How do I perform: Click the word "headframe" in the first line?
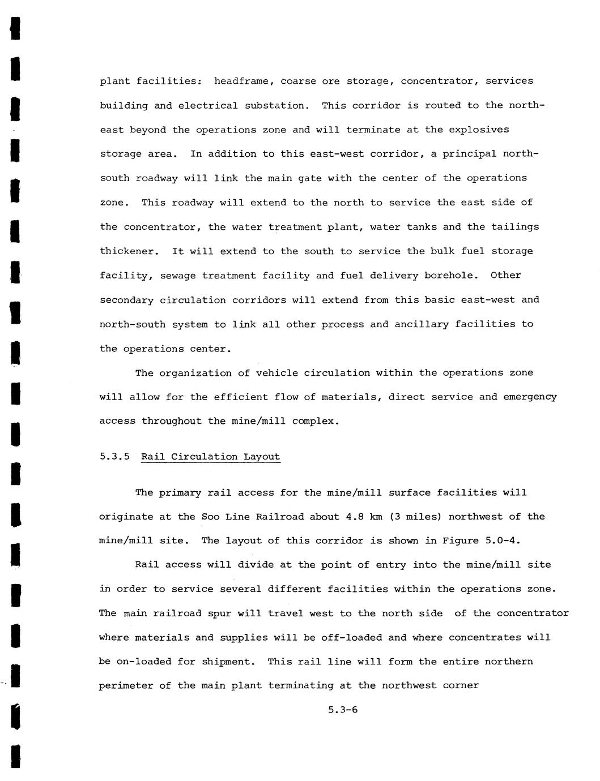pos(241,81)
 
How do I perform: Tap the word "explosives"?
pos(479,130)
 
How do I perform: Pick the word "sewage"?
pos(177,276)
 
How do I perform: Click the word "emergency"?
pos(529,397)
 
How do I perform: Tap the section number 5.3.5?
pos(114,457)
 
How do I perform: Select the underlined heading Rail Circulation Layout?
pos(211,457)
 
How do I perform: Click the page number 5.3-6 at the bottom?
pos(343,710)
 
